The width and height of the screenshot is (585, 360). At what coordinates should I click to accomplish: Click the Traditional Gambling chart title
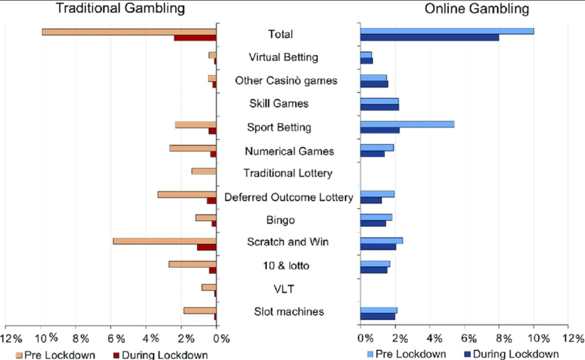120,9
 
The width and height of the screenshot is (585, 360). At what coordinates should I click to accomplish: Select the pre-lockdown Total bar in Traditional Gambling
129,32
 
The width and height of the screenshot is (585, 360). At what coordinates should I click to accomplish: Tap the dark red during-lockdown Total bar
195,38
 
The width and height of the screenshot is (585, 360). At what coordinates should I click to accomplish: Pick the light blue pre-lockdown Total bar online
447,31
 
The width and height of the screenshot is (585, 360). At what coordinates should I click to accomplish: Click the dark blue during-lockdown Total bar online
430,38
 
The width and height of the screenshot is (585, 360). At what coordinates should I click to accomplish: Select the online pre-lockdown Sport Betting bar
407,124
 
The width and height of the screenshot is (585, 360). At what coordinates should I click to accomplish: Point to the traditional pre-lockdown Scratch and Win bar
165,241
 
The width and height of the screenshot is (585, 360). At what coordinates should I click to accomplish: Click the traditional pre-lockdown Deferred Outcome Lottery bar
187,194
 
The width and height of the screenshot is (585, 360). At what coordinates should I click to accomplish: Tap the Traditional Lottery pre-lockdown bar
204,171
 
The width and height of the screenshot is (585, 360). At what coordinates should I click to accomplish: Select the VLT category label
284,289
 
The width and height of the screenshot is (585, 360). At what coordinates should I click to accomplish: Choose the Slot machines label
289,312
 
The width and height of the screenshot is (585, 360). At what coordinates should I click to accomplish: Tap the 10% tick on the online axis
533,337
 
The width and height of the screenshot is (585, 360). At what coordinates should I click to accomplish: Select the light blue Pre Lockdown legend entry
406,353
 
